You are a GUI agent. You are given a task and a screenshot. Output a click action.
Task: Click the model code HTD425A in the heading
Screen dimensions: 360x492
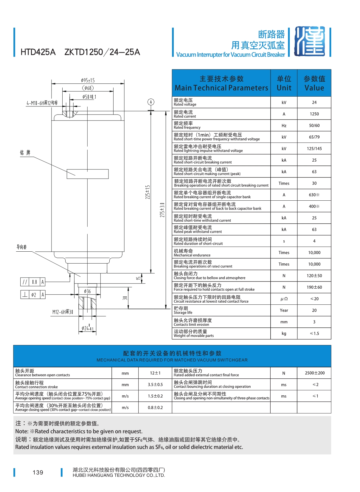(38, 52)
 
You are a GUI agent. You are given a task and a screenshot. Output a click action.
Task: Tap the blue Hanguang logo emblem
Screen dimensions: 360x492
(309, 41)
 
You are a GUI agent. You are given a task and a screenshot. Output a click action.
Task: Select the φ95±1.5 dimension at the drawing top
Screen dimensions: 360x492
(88, 81)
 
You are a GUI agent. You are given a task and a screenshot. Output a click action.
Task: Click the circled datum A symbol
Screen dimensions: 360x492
(151, 102)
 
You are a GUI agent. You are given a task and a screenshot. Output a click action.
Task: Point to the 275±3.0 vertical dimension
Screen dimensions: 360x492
(162, 210)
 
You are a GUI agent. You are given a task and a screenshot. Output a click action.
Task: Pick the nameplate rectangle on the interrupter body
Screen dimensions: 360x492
(88, 174)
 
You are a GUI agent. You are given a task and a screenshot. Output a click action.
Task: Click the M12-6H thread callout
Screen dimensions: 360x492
(63, 312)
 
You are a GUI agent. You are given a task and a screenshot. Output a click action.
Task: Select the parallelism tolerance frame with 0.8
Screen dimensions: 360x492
(33, 282)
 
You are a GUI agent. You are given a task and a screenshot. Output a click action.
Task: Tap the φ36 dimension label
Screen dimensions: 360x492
(87, 291)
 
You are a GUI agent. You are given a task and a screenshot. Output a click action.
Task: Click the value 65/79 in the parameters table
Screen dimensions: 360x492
(314, 137)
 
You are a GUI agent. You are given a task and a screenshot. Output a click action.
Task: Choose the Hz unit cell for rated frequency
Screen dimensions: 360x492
(284, 126)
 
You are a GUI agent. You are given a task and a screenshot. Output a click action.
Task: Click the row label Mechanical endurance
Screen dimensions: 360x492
(192, 255)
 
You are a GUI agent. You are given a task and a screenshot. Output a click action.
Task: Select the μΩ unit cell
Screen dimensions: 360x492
(284, 299)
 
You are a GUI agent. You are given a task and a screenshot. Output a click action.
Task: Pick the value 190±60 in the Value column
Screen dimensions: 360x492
(314, 287)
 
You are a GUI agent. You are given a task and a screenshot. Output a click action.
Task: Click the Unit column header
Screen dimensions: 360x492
(284, 83)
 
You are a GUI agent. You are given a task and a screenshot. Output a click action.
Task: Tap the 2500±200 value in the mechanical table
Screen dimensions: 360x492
(315, 373)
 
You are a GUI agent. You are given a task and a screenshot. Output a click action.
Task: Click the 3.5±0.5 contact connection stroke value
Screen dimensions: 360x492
(155, 385)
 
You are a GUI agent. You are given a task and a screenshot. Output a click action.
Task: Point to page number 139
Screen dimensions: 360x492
(38, 472)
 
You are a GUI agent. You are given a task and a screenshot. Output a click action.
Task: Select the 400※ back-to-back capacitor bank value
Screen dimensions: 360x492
(314, 206)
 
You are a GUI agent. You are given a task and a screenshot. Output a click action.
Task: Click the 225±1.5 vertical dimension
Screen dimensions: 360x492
(148, 192)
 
